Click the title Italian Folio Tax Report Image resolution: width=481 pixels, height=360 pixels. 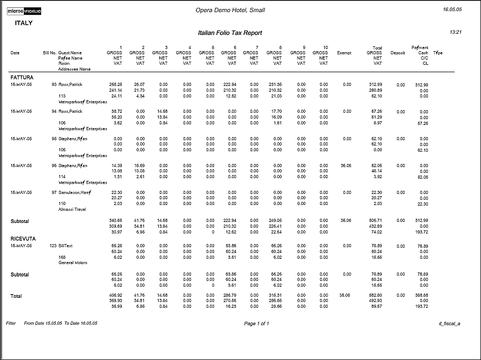pos(229,33)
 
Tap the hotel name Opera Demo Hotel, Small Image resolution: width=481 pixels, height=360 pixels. pos(230,10)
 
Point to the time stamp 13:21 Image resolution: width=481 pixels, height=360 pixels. pos(456,32)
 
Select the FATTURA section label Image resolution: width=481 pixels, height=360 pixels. pos(22,77)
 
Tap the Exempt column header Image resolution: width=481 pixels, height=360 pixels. pos(344,53)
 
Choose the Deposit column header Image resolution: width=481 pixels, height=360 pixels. pos(398,53)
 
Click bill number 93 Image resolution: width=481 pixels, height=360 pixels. pos(54,84)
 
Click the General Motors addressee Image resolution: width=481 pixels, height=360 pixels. pos(73,262)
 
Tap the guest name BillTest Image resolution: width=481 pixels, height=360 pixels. pos(66,246)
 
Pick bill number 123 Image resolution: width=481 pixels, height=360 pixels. pos(53,246)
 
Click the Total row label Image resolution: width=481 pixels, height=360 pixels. pos(16,296)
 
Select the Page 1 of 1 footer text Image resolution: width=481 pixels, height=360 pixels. pos(256,324)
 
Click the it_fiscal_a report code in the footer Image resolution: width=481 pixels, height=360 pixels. pos(449,324)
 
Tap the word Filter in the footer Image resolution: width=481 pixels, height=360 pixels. pos(11,323)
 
